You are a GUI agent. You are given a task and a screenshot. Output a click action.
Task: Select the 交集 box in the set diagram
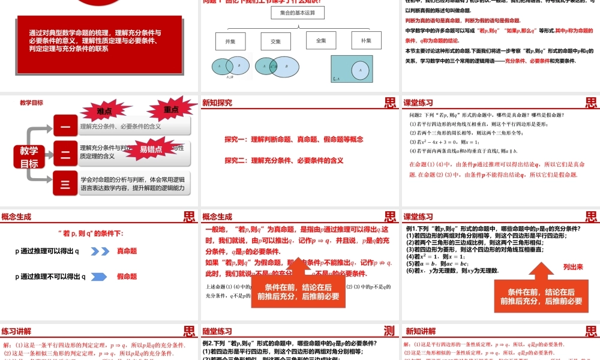[275, 41]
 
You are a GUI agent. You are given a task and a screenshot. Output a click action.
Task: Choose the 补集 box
[366, 41]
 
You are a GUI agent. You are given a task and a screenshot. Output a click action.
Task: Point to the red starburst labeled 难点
[104, 111]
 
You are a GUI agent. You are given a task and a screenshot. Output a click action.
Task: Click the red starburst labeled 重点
[171, 109]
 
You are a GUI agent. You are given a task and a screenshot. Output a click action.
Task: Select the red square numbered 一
[65, 126]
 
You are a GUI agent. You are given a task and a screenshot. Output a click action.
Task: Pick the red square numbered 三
[65, 183]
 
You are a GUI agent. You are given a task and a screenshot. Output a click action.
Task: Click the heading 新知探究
[217, 103]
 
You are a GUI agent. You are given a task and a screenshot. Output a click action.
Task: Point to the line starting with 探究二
[284, 160]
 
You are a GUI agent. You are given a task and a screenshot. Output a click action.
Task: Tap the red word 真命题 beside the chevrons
[127, 251]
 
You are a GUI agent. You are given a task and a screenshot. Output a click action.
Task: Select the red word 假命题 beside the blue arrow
[127, 277]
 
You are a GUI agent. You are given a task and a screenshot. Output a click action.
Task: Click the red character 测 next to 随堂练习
[390, 331]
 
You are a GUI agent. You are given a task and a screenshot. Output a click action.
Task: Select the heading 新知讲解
[421, 331]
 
